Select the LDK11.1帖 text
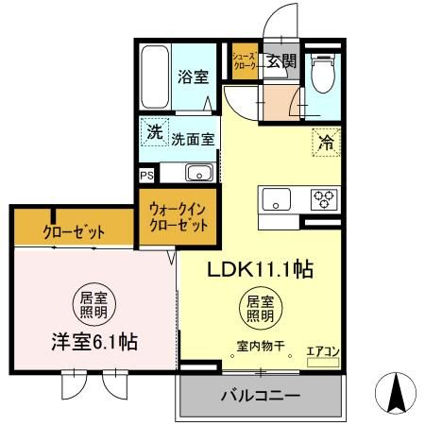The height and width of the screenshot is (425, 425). (x=261, y=269)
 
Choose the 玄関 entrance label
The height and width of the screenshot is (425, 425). (x=280, y=62)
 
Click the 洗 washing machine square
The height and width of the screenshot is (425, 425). (x=154, y=133)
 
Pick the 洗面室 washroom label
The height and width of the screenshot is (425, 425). (x=192, y=138)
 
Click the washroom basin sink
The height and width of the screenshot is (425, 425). (x=199, y=172)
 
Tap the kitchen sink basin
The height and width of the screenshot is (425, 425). (x=278, y=198)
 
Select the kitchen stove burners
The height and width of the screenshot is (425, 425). (x=322, y=198)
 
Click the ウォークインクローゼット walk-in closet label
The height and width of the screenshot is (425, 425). (x=178, y=217)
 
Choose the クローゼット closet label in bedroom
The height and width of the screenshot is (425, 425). (x=73, y=231)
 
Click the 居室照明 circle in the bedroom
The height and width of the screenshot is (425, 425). (x=93, y=305)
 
